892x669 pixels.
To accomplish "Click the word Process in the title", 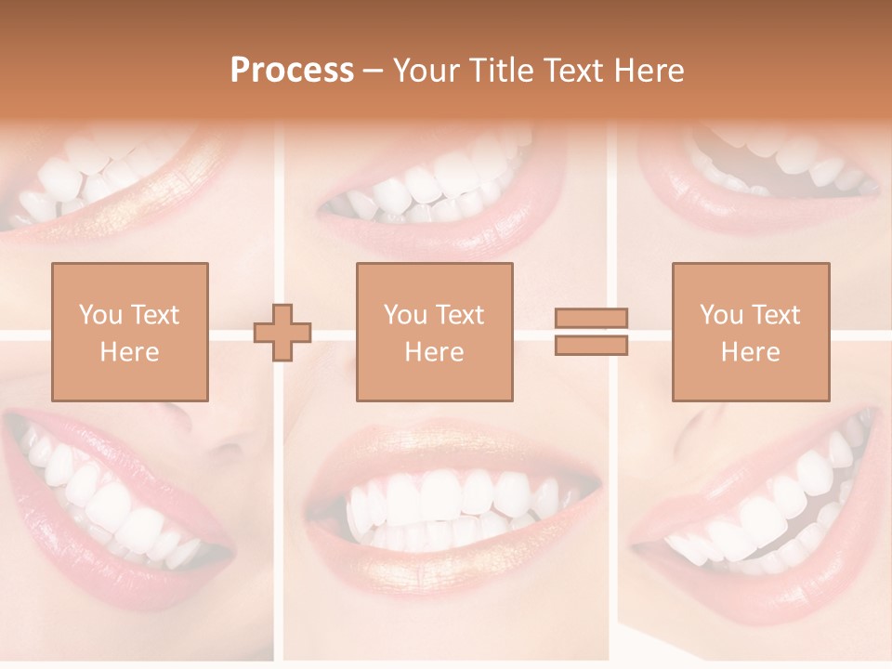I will pyautogui.click(x=292, y=71).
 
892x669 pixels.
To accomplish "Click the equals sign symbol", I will pyautogui.click(x=591, y=332).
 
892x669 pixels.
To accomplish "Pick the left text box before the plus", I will pyautogui.click(x=129, y=332).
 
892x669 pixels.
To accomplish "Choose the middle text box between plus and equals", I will pyautogui.click(x=434, y=332).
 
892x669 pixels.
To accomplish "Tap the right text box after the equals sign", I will pyautogui.click(x=750, y=332).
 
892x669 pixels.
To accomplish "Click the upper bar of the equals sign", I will pyautogui.click(x=591, y=319).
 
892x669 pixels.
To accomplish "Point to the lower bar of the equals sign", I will pyautogui.click(x=591, y=345).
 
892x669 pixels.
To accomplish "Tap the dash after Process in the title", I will pyautogui.click(x=374, y=72).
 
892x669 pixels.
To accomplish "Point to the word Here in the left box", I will pyautogui.click(x=129, y=351).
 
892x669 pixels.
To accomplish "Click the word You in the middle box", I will pyautogui.click(x=405, y=315).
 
